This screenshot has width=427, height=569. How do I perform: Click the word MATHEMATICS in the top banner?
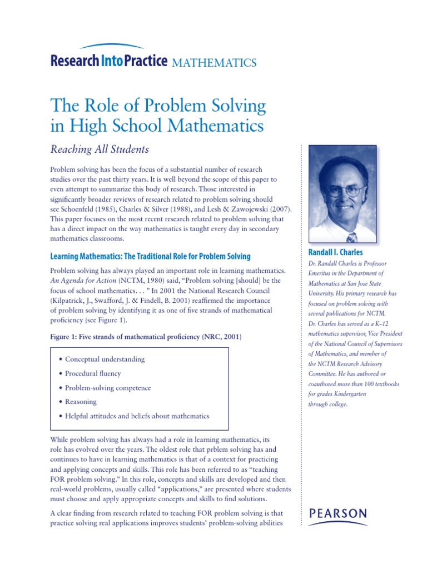click(x=214, y=62)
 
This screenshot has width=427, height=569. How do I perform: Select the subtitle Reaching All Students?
click(x=100, y=149)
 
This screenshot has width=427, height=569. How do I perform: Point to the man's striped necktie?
click(x=351, y=237)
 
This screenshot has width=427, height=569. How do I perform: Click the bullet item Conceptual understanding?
click(x=105, y=359)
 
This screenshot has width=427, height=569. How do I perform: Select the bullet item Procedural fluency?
click(x=93, y=373)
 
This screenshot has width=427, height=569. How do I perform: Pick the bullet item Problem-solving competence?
click(x=108, y=388)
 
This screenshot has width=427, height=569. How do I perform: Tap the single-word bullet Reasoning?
click(x=81, y=401)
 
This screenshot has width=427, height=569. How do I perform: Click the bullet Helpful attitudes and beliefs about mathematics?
click(x=137, y=416)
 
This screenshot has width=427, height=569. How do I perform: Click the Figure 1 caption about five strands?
click(x=146, y=337)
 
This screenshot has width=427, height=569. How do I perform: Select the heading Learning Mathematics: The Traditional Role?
click(x=150, y=256)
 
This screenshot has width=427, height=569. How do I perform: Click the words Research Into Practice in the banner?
click(x=108, y=61)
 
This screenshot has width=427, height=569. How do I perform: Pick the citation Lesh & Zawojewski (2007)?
click(x=248, y=208)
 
